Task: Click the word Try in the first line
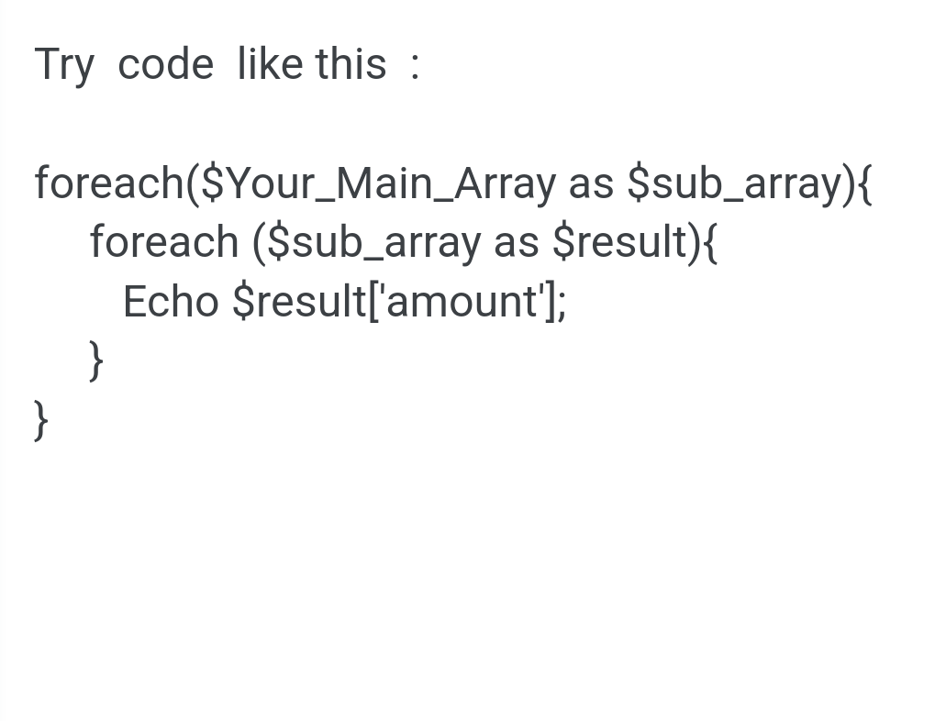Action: pyautogui.click(x=64, y=65)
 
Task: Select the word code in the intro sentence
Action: pyautogui.click(x=165, y=64)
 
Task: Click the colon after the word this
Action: pyautogui.click(x=414, y=65)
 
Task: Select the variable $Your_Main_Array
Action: pyautogui.click(x=378, y=183)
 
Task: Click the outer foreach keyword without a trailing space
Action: pyautogui.click(x=109, y=182)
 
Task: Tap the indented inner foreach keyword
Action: pyautogui.click(x=164, y=240)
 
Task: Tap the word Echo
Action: pyautogui.click(x=171, y=301)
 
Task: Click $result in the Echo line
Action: pyautogui.click(x=299, y=301)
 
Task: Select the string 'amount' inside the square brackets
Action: pyautogui.click(x=462, y=301)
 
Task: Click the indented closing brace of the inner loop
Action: pyautogui.click(x=96, y=360)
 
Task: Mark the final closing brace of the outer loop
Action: pyautogui.click(x=41, y=420)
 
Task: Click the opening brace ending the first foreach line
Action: pyautogui.click(x=864, y=184)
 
